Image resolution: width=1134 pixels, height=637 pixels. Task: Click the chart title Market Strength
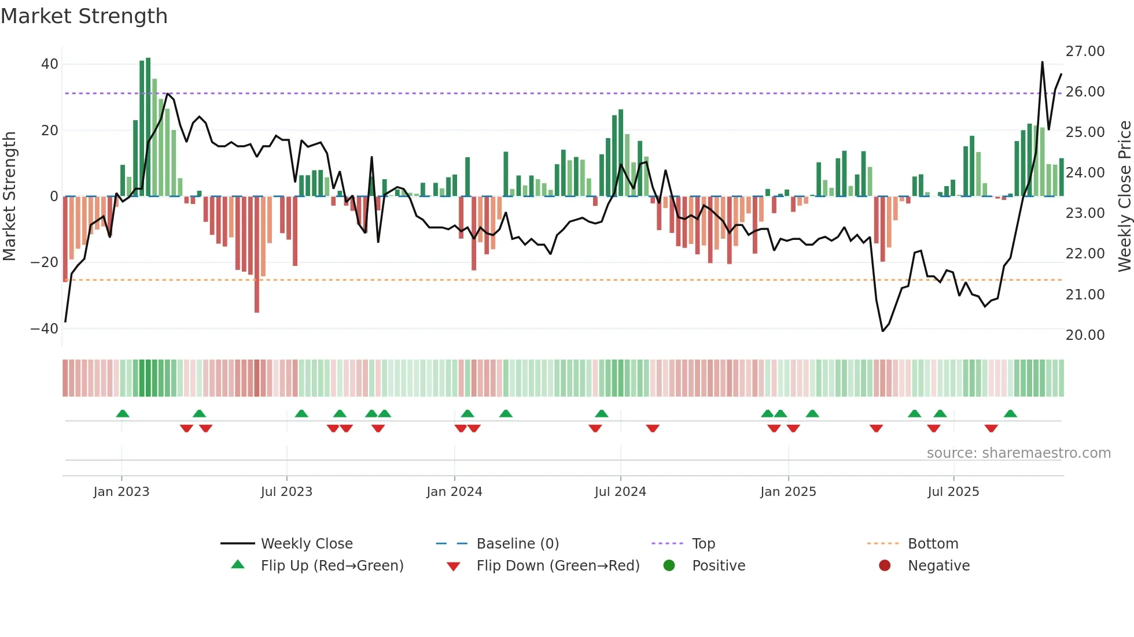[84, 16]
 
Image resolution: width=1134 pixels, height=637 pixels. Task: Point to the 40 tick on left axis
[50, 64]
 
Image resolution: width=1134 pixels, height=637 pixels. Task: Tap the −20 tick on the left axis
[45, 262]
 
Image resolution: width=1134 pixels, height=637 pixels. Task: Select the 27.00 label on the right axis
[1085, 51]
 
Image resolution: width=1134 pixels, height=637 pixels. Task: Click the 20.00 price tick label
[1085, 335]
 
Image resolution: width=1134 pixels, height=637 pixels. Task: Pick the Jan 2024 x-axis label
[454, 492]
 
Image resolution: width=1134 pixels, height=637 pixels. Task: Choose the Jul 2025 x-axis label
[953, 492]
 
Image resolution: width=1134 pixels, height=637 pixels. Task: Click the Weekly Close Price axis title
[1124, 197]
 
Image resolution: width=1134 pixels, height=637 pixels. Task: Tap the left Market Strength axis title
[9, 197]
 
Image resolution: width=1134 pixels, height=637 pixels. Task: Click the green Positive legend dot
[669, 566]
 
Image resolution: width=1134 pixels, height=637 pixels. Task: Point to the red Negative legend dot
[885, 566]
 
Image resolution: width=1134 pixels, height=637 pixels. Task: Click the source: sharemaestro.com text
[1018, 453]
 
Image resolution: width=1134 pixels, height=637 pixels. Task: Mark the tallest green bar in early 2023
[148, 127]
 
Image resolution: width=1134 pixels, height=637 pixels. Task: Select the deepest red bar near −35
[257, 254]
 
